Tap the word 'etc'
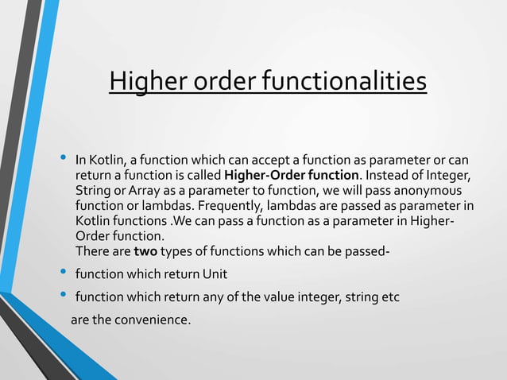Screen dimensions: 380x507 coord(390,297)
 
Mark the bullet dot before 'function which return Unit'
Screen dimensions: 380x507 coord(64,273)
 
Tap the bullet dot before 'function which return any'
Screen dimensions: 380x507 coord(64,296)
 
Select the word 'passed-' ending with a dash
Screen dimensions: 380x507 coord(367,252)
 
